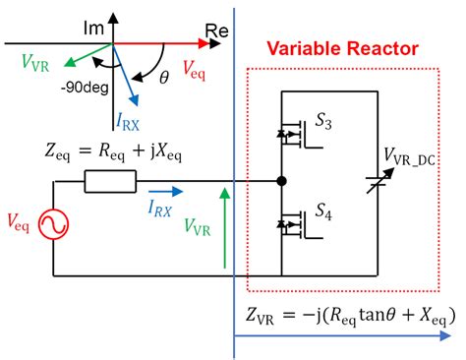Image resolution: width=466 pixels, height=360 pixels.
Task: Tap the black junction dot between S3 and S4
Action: [282, 181]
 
